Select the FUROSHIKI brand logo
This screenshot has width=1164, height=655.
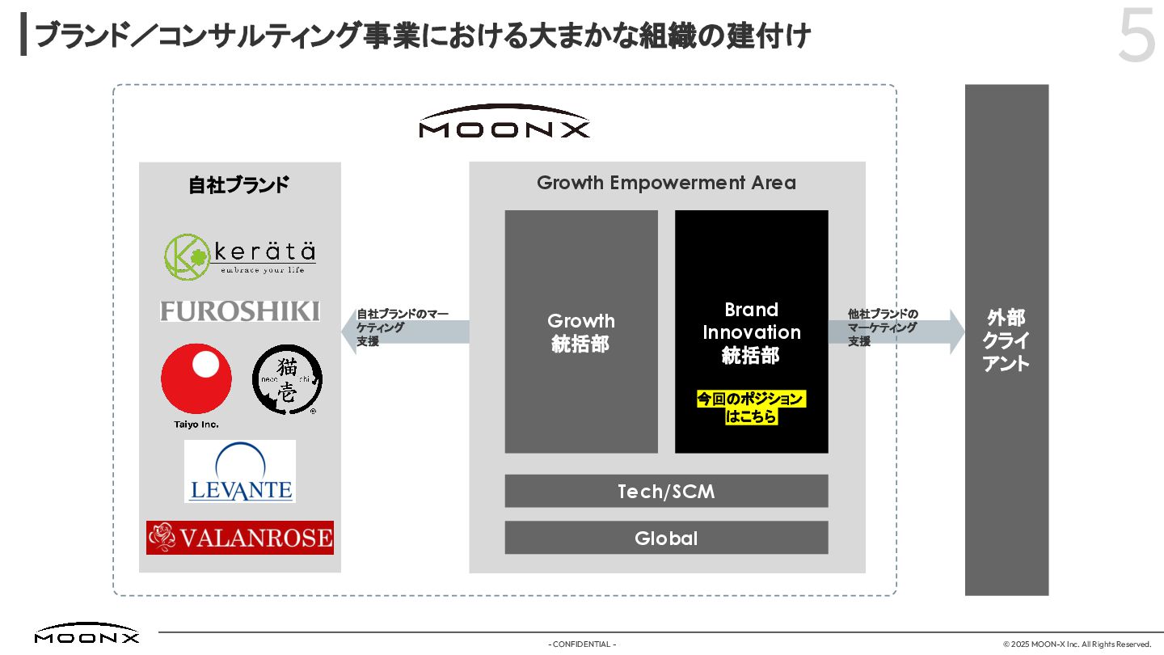(x=240, y=311)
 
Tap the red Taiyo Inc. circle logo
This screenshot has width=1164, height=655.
(x=196, y=379)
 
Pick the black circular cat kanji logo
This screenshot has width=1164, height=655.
(x=287, y=379)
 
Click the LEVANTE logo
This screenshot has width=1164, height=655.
(x=240, y=471)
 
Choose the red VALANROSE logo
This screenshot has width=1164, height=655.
(x=240, y=538)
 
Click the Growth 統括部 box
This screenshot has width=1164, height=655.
(x=581, y=332)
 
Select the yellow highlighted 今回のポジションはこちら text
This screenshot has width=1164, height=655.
(x=751, y=408)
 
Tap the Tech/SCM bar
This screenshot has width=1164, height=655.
(x=666, y=491)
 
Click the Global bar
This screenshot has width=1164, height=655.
(x=666, y=538)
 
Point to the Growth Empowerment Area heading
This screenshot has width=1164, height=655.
(x=666, y=183)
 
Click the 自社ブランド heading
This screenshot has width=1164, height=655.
(x=239, y=185)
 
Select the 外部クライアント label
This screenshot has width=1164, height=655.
(x=1006, y=340)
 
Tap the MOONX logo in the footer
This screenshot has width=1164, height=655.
(x=86, y=634)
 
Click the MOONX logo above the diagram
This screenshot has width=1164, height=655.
(x=504, y=123)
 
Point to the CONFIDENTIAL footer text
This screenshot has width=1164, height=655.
(x=582, y=644)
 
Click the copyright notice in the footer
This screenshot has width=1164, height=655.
(x=1077, y=644)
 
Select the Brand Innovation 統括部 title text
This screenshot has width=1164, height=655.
(x=751, y=332)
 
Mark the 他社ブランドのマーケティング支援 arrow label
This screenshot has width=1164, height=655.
(x=883, y=327)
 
